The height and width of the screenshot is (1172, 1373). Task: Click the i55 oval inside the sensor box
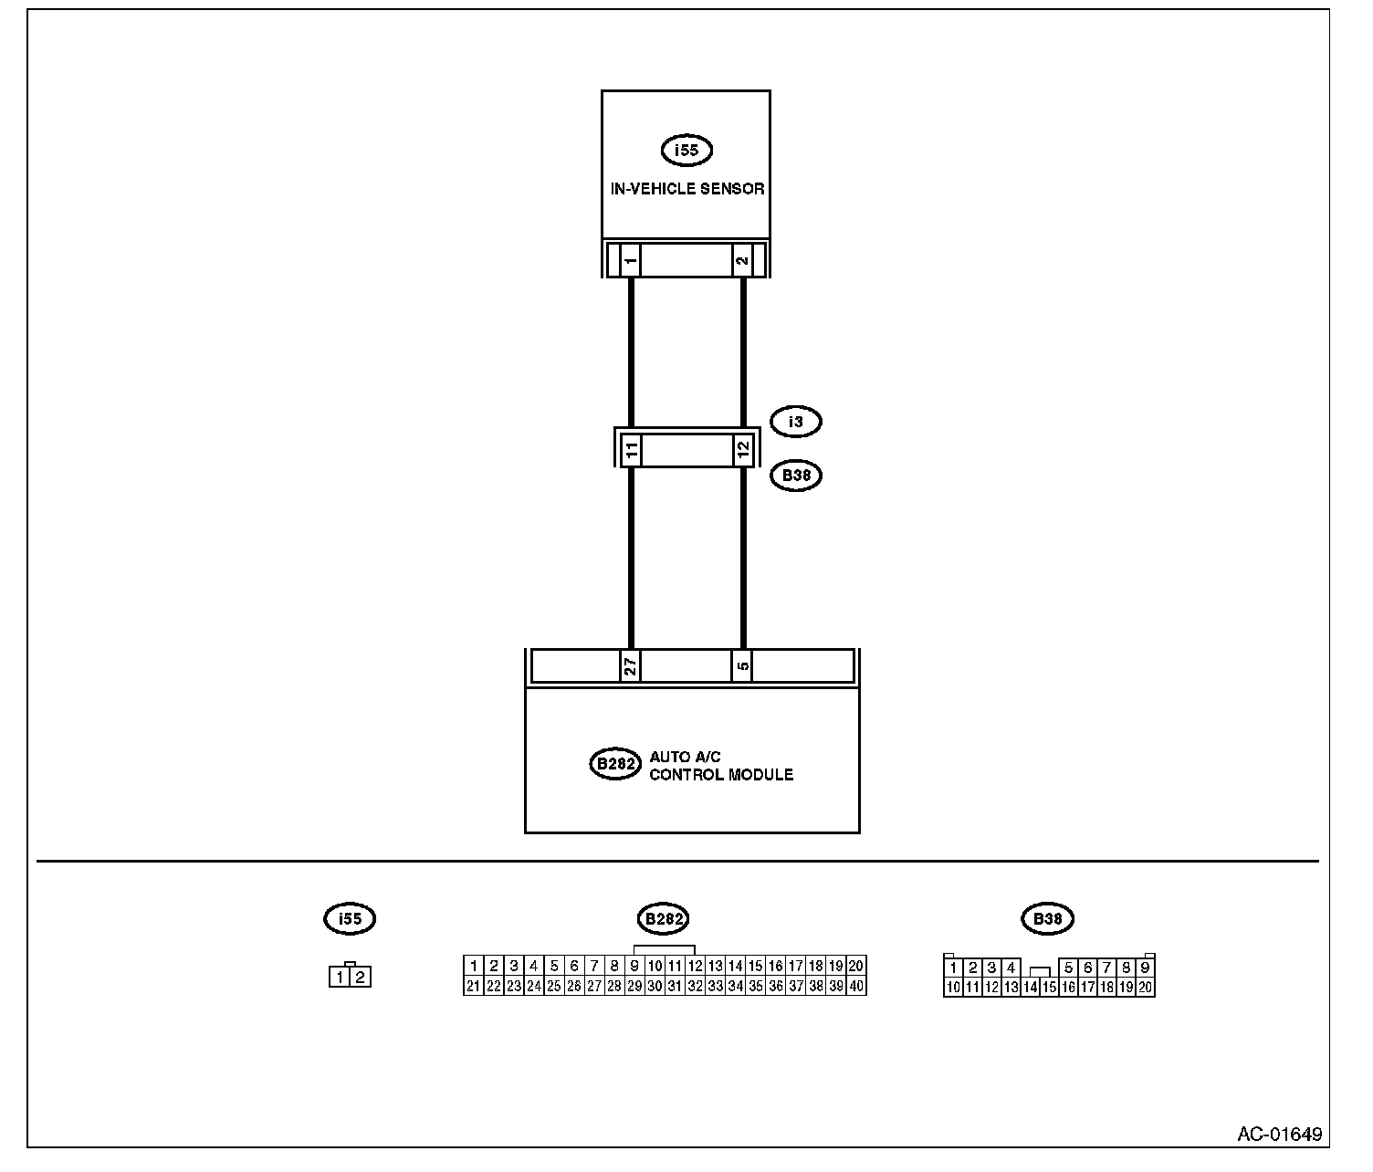686,150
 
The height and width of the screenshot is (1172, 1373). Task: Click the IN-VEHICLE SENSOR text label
686,190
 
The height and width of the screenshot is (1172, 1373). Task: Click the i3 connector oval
796,422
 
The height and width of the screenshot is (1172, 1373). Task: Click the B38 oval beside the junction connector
796,476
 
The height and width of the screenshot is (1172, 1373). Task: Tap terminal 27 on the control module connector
630,666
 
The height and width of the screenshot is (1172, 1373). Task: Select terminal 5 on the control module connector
743,666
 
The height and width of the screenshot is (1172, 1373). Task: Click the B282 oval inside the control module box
615,764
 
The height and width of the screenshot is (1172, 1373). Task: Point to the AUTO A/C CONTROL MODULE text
720,766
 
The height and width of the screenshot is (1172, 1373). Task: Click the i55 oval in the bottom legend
350,918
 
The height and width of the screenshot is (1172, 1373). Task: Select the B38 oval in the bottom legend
1047,918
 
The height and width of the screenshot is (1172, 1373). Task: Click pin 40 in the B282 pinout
856,986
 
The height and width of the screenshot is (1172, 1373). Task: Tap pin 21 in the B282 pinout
473,986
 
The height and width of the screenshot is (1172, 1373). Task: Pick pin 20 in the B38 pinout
1145,987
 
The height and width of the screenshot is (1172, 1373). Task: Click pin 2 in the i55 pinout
361,978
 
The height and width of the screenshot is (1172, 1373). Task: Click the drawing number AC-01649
1279,1135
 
